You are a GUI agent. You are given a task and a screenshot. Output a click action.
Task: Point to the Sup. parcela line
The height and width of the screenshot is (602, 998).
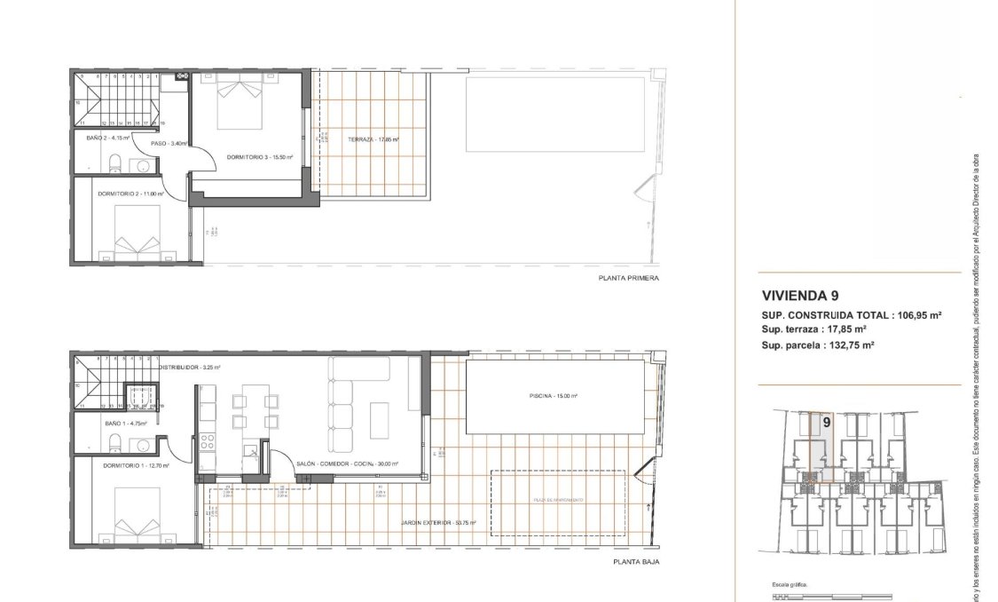tap(818, 345)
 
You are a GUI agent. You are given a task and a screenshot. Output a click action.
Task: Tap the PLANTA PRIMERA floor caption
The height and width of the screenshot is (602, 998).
tap(629, 278)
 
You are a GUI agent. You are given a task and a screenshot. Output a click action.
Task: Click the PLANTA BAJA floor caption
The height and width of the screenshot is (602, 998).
tap(636, 562)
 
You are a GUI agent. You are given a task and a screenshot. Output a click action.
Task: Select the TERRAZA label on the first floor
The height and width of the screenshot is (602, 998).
tap(373, 139)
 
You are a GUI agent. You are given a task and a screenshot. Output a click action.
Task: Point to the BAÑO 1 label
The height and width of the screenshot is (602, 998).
tap(118, 424)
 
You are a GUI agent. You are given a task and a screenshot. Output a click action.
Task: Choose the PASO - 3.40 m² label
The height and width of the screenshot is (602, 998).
tap(169, 144)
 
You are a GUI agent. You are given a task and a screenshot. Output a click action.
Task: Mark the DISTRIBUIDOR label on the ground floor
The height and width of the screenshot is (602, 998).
tap(189, 367)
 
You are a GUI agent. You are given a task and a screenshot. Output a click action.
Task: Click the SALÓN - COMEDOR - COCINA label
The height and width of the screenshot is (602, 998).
tap(347, 463)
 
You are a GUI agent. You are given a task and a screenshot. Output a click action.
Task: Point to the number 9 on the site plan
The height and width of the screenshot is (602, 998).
tap(826, 423)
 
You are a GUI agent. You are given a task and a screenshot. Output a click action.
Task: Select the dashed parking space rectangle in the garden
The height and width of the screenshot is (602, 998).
tap(558, 502)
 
